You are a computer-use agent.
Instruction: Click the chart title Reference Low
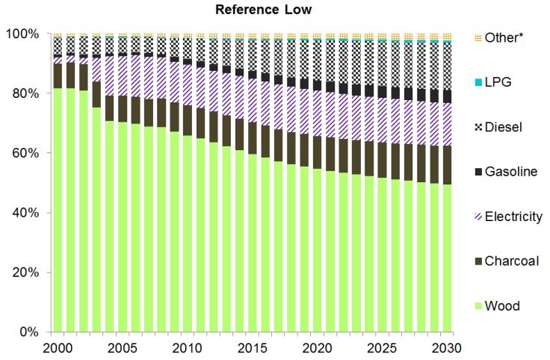coord(253,10)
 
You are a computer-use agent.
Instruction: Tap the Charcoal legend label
coord(512,261)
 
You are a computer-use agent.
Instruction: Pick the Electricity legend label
coord(514,217)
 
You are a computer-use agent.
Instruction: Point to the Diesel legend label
coord(503,127)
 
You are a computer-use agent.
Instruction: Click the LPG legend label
coord(498,82)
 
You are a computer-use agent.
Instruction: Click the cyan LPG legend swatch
coord(478,82)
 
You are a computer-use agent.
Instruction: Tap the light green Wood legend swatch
coord(478,306)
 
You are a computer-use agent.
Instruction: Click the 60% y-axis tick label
coord(24,153)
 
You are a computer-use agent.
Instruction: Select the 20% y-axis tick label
coord(24,273)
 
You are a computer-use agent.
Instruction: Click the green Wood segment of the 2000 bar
coord(58,209)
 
